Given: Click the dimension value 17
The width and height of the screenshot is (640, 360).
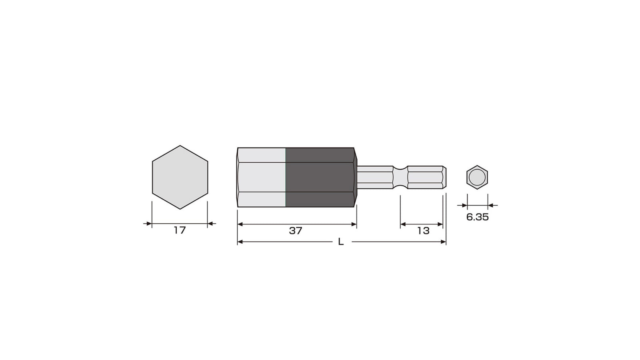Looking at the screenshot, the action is click(180, 230).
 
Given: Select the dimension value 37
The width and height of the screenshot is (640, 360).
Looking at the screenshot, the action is click(296, 231).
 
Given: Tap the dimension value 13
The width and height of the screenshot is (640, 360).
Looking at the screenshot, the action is click(424, 231).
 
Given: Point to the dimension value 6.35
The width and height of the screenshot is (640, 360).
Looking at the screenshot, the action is click(478, 217).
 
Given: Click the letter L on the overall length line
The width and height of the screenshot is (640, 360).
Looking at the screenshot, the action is click(341, 242).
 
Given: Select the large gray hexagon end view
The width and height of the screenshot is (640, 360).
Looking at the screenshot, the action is click(180, 177).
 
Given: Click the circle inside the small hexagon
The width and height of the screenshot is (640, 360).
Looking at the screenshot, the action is click(477, 177).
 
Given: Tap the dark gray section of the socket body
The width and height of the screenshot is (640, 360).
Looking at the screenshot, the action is click(320, 177).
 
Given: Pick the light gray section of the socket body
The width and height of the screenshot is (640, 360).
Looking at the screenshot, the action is click(262, 177).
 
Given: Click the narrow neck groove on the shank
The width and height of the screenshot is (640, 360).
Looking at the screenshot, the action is click(400, 177).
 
